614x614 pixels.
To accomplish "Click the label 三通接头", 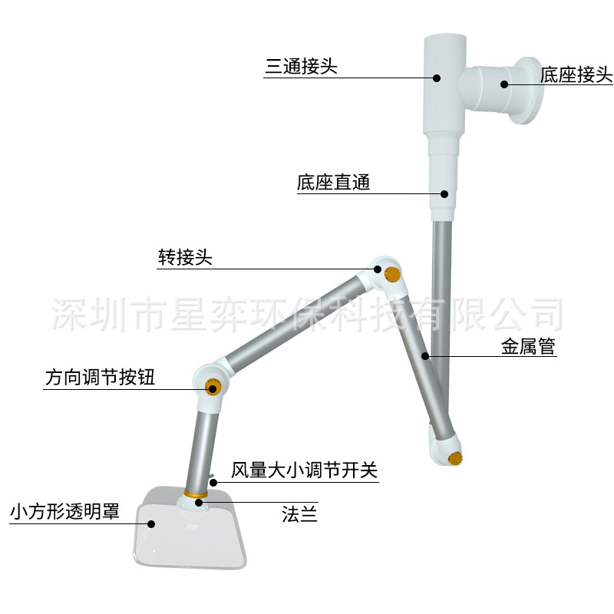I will pos(301,67).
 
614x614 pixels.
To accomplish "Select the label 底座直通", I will pos(333,183).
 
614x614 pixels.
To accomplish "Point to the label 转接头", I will pos(185,258).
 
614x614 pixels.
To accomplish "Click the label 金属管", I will pos(528,347).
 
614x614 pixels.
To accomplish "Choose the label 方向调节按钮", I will pos(100,378).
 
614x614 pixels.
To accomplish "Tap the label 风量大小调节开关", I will pos(305,470).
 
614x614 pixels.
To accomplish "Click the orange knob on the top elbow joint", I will pos(393,274).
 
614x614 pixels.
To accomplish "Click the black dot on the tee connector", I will pos(436,77).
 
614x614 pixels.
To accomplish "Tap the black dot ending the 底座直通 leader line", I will pos(444,193).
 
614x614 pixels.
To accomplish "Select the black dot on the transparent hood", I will pos(151,524).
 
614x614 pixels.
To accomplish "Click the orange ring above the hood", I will pos(196,494).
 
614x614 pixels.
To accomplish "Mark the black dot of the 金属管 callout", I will pos(425,356).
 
